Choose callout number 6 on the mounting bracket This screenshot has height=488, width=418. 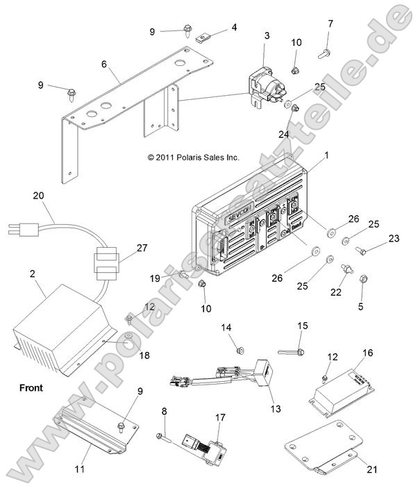pos(104,64)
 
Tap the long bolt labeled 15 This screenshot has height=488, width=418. pos(290,352)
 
